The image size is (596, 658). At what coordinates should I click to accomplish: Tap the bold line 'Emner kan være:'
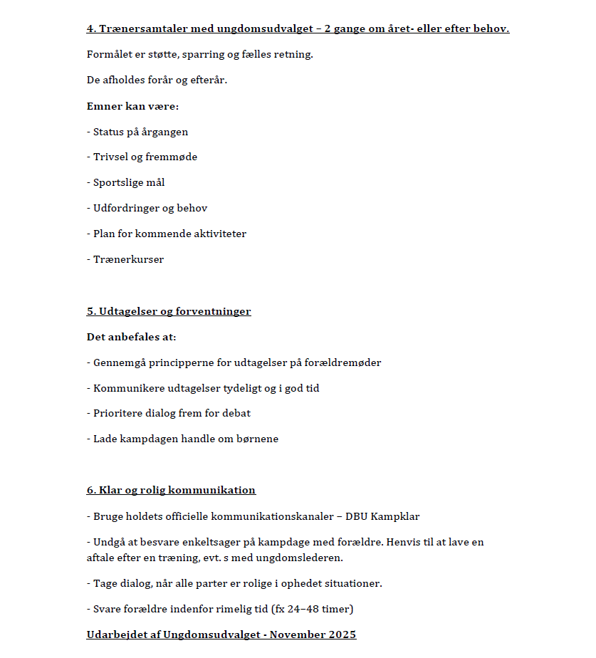[x=132, y=106]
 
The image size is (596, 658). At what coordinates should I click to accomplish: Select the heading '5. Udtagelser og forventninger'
[x=169, y=311]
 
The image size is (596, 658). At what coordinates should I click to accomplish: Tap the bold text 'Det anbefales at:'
[x=131, y=337]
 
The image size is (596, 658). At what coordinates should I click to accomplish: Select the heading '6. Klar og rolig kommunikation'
[x=171, y=490]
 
